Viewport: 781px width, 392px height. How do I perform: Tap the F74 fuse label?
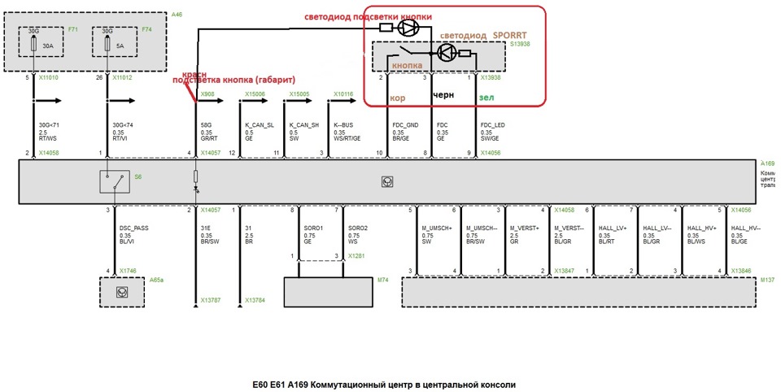coord(146,29)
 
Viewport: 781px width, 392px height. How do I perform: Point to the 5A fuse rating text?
coord(120,46)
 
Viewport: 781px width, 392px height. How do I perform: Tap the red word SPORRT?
coord(512,36)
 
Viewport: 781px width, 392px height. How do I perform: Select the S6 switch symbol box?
coord(114,181)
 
